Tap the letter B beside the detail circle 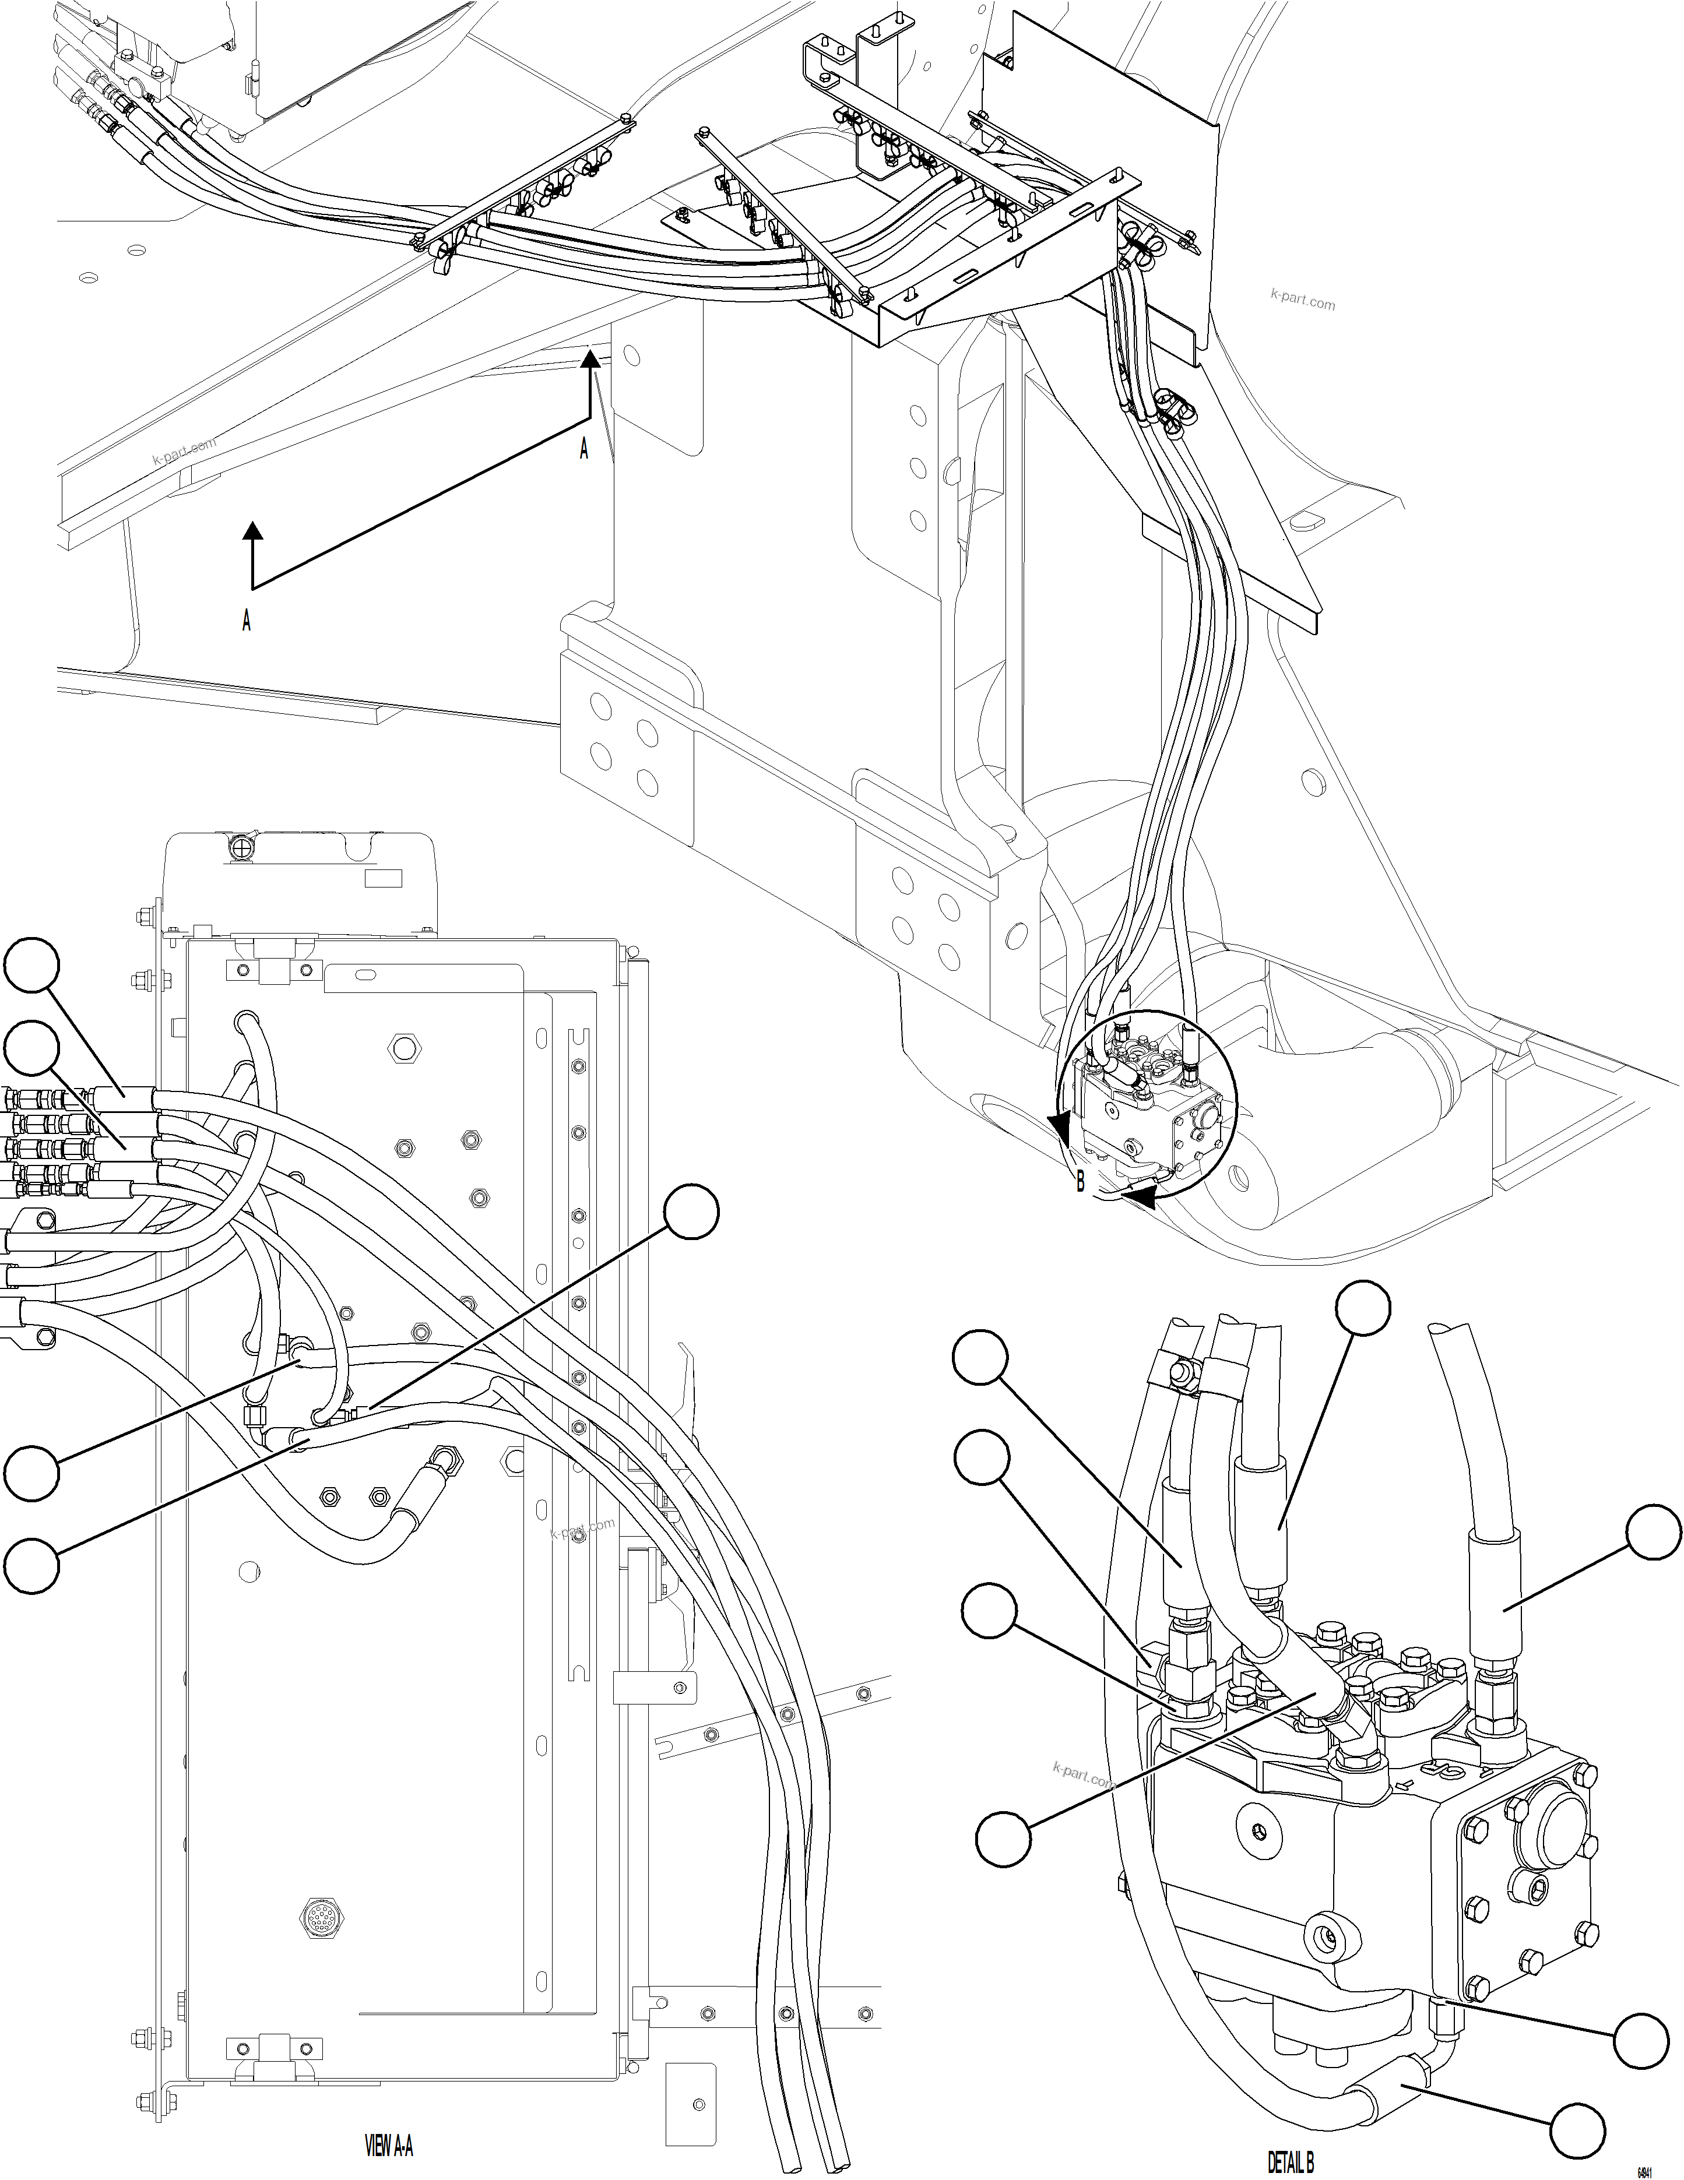pyautogui.click(x=1080, y=1185)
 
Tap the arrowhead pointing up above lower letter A pyautogui.click(x=254, y=531)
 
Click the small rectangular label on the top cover pyautogui.click(x=384, y=878)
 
